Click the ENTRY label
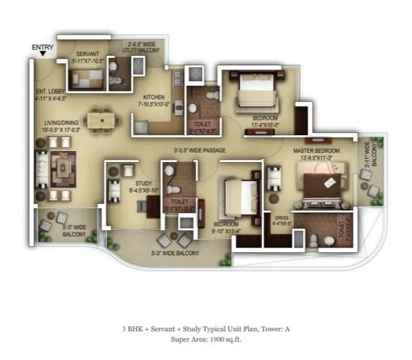click(x=43, y=47)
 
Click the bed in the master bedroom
click(x=319, y=186)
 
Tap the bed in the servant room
click(x=85, y=78)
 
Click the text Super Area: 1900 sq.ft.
click(x=206, y=339)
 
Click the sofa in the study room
click(x=114, y=190)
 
